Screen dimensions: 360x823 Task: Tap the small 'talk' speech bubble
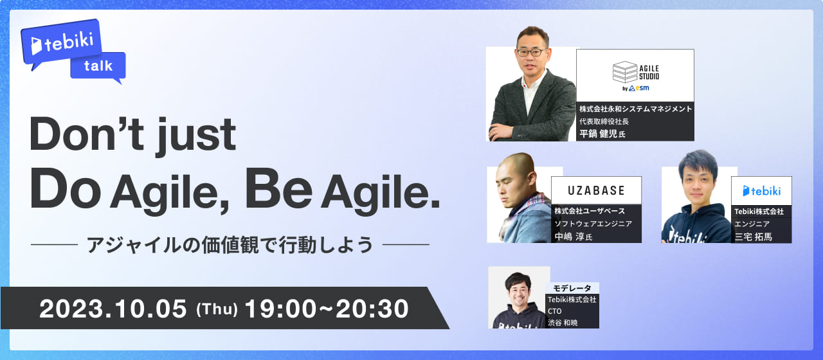[98, 66]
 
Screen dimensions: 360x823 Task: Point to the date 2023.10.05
[113, 309]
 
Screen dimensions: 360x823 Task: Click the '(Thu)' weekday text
[217, 309]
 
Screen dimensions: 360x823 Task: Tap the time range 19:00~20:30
[327, 309]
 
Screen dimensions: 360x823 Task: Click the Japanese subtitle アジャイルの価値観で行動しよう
[230, 245]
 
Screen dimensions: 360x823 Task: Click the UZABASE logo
[596, 190]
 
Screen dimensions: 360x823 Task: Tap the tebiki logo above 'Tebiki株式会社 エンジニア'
[761, 191]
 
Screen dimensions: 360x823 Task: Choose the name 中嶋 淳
[569, 237]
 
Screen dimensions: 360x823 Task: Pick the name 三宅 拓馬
[753, 237]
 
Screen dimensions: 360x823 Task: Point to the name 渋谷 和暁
[563, 322]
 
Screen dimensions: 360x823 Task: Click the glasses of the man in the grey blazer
[531, 52]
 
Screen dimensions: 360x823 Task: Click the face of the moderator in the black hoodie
[519, 289]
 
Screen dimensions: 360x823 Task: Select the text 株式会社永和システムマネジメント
[635, 109]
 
